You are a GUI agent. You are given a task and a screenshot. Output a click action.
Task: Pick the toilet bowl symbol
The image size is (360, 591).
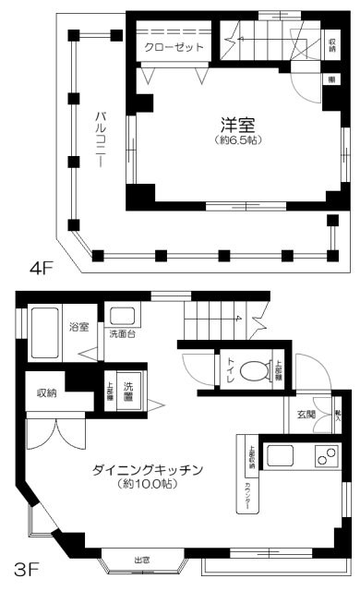click(x=251, y=371)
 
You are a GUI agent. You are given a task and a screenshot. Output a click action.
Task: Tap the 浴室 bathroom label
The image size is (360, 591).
click(x=78, y=326)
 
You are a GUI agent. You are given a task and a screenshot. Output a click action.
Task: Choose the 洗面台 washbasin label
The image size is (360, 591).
click(x=122, y=333)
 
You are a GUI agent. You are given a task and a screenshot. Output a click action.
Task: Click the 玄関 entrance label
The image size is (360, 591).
click(x=306, y=414)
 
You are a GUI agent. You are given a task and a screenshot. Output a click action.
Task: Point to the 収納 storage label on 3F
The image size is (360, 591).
click(x=46, y=392)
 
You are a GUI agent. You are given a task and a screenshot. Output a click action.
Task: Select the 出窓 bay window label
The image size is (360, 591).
click(x=142, y=561)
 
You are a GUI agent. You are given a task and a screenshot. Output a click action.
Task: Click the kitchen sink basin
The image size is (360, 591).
click(x=281, y=454)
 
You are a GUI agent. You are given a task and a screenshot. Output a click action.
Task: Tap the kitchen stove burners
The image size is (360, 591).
click(x=324, y=454)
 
